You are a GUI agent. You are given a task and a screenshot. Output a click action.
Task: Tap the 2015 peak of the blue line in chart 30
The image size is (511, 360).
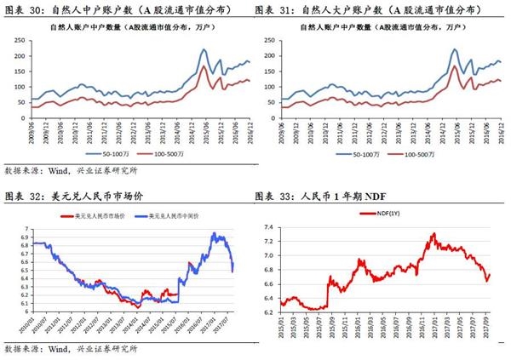pyautogui.click(x=204, y=50)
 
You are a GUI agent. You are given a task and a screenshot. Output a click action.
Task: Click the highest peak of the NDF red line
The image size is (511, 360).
pyautogui.click(x=433, y=233)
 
